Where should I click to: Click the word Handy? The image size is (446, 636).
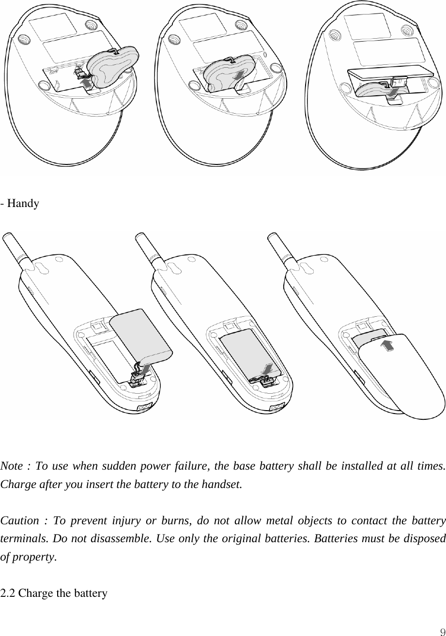(x=23, y=204)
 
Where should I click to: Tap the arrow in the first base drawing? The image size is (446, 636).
(x=86, y=84)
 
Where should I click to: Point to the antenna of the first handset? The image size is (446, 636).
(x=14, y=250)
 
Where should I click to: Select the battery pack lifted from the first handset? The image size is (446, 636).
(x=140, y=336)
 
